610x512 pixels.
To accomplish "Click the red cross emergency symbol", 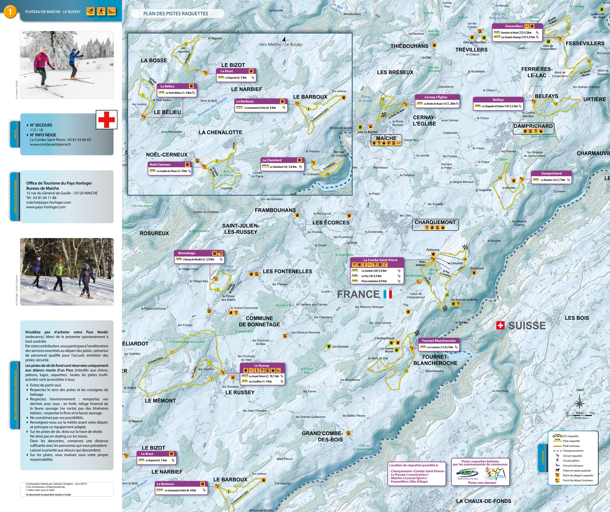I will pos(107,120).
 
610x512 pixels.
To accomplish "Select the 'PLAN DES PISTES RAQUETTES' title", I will pos(176,13).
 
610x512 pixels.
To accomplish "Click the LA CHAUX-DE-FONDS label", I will pos(484,501).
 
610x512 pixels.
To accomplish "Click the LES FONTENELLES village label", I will pos(287,271).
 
